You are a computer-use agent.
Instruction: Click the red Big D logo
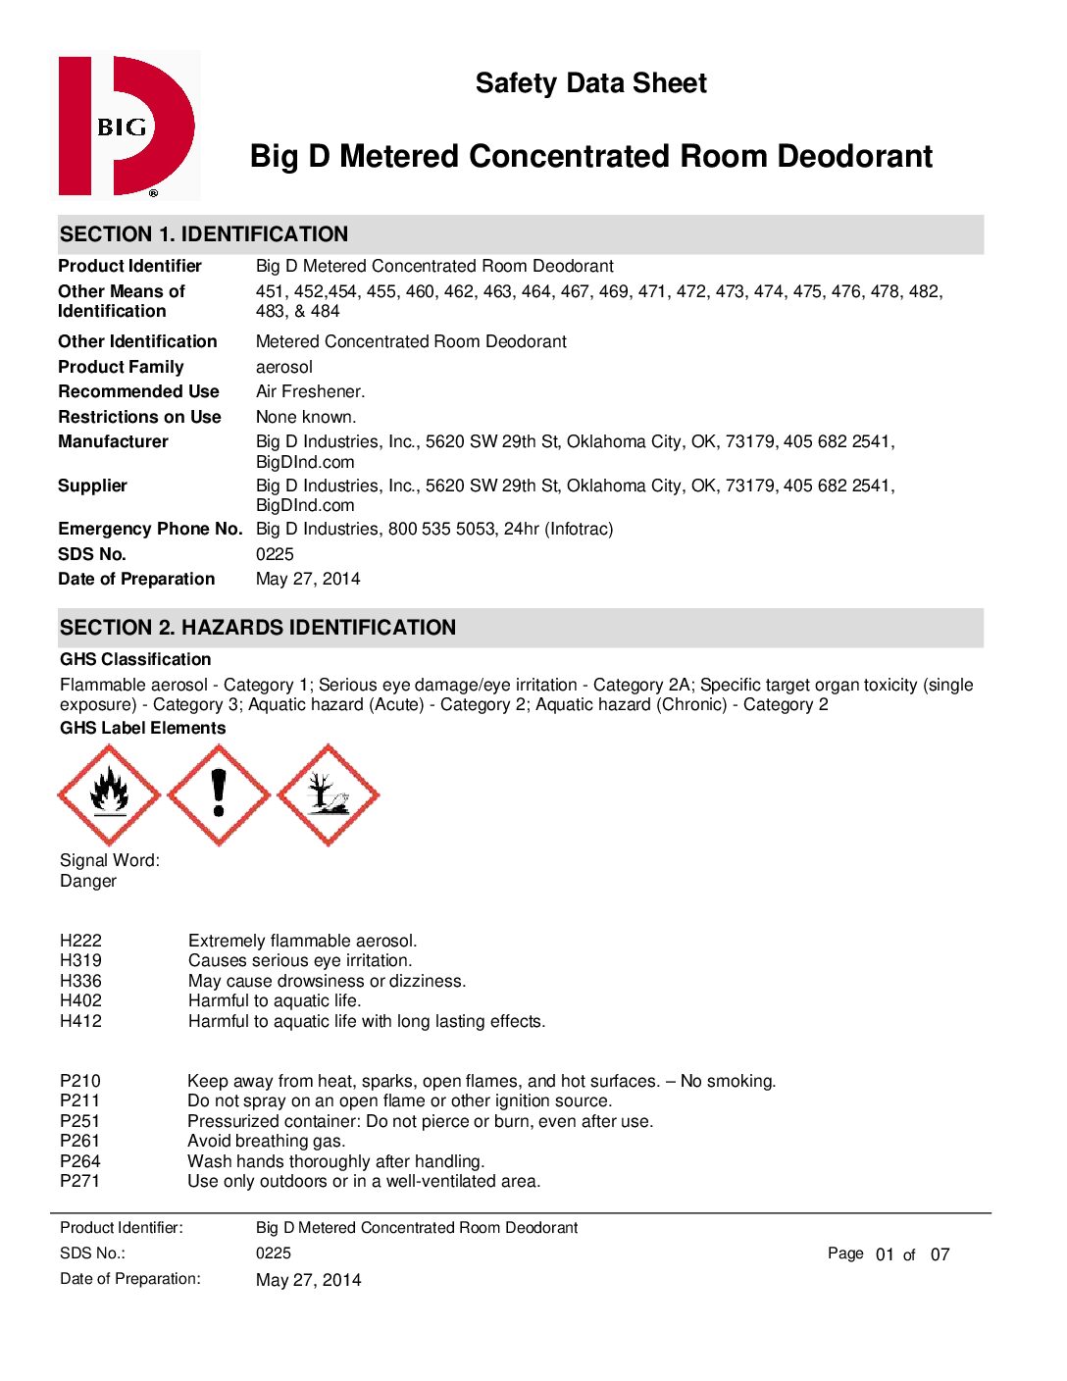pyautogui.click(x=127, y=126)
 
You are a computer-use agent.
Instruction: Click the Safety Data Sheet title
pyautogui.click(x=590, y=83)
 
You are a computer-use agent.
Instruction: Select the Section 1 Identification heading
pyautogui.click(x=204, y=234)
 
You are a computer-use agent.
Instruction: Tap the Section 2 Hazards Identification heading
pyautogui.click(x=258, y=628)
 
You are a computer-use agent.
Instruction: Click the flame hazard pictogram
pyautogui.click(x=109, y=794)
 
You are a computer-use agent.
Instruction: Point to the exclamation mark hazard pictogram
pyautogui.click(x=219, y=794)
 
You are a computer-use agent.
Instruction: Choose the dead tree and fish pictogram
pyautogui.click(x=329, y=794)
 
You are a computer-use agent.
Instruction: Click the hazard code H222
pyautogui.click(x=80, y=941)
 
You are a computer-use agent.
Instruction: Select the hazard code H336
pyautogui.click(x=80, y=981)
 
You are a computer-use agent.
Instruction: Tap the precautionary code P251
pyautogui.click(x=79, y=1121)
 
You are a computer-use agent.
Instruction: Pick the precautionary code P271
pyautogui.click(x=79, y=1181)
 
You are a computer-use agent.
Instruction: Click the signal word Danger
pyautogui.click(x=88, y=881)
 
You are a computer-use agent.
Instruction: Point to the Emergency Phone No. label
pyautogui.click(x=150, y=529)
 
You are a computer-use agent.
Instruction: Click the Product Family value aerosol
pyautogui.click(x=284, y=367)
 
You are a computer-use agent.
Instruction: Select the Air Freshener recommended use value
pyautogui.click(x=310, y=391)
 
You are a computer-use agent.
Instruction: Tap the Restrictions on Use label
pyautogui.click(x=139, y=417)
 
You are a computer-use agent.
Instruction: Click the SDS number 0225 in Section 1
pyautogui.click(x=275, y=554)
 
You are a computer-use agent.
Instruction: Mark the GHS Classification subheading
pyautogui.click(x=135, y=659)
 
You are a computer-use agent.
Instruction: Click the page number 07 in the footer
pyautogui.click(x=940, y=1254)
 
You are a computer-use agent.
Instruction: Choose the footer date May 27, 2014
pyautogui.click(x=308, y=1280)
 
